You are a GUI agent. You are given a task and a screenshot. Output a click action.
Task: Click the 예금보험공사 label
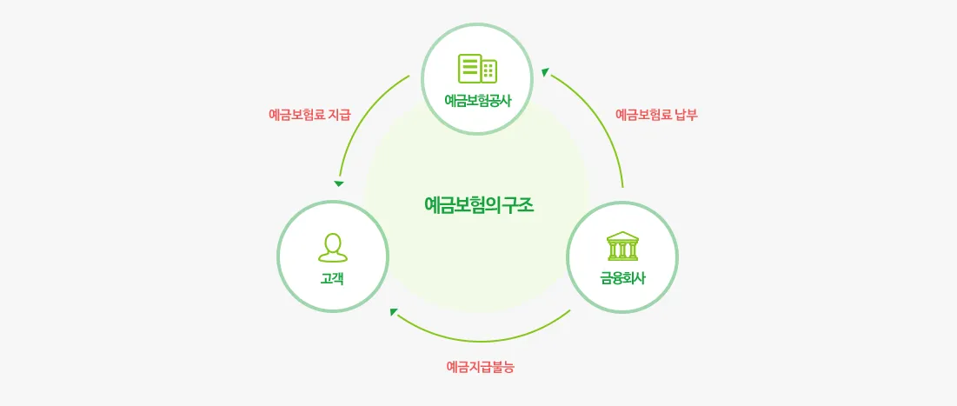coord(477,100)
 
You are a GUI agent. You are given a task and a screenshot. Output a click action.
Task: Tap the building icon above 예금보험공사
coord(477,69)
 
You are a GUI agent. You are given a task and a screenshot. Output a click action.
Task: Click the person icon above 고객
coord(333,247)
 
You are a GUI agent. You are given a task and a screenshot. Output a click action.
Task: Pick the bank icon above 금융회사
coord(622,246)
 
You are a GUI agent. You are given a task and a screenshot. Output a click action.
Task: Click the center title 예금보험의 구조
coord(479,205)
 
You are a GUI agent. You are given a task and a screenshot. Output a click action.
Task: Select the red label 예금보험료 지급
coord(309,114)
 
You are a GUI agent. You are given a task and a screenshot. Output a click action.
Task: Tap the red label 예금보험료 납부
coord(656,114)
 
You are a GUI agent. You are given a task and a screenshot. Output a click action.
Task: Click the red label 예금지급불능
coord(480,366)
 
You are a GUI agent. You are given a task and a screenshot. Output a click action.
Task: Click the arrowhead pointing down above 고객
coord(339,183)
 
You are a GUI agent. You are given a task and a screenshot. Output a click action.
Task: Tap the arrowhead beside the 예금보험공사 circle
coord(544,72)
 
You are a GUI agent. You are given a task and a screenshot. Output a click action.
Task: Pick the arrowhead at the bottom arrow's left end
coord(395,311)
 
